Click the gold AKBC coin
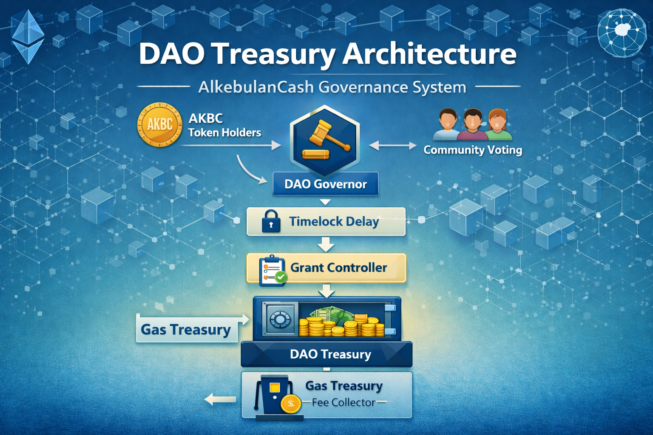160,124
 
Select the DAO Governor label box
325,184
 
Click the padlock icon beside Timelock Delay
271,221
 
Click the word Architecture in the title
429,54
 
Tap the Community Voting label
473,150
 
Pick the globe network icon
622,33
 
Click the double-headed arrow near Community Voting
393,146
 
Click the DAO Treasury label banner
330,354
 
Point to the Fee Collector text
344,402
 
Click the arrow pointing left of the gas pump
220,399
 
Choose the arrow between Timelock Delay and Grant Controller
326,245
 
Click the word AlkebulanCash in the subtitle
256,87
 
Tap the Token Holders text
224,133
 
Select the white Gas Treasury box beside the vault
186,329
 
